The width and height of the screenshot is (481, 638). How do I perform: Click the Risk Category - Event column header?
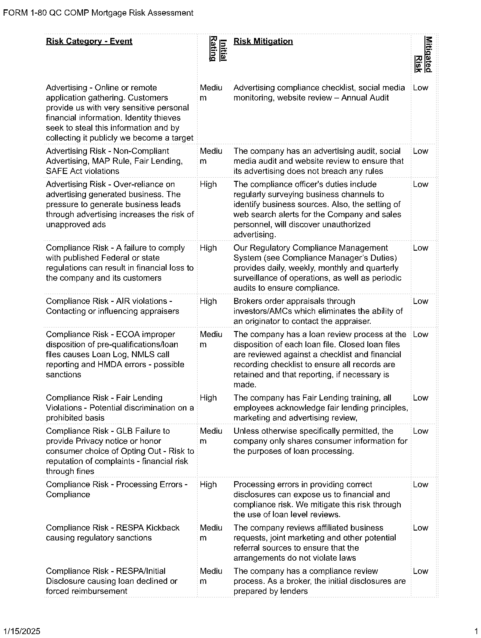click(89, 41)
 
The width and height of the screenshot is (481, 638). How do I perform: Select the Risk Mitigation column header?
click(263, 41)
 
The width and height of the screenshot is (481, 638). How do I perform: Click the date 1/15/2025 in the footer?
click(22, 631)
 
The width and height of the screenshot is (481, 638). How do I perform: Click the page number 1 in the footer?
click(476, 631)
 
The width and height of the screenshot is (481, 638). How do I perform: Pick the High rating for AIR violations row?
click(208, 301)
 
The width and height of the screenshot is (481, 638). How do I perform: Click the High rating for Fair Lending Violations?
click(208, 398)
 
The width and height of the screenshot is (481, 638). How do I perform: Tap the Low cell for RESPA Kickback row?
click(420, 528)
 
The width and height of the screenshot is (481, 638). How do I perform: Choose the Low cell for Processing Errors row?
click(420, 485)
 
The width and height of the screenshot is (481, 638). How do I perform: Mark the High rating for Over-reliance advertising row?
click(208, 184)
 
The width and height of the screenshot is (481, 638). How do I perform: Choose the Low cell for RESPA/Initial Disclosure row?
click(420, 571)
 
